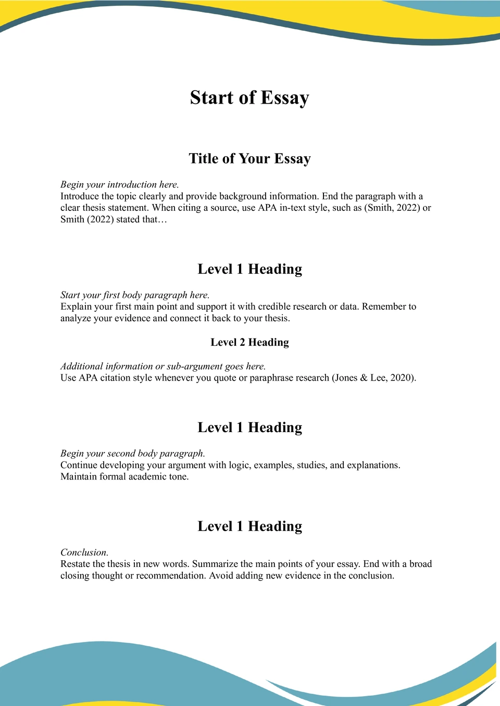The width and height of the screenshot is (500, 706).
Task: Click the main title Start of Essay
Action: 249,98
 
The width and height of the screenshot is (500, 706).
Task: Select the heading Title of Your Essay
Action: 249,159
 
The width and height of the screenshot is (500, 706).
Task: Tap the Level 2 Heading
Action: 249,343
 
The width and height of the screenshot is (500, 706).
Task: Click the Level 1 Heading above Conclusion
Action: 249,526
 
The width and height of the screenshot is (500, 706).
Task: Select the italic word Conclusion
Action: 84,552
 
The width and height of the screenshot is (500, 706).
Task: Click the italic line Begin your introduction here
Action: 119,185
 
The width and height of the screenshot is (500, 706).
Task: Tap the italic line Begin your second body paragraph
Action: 132,453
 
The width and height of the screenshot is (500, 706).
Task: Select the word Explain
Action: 76,307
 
